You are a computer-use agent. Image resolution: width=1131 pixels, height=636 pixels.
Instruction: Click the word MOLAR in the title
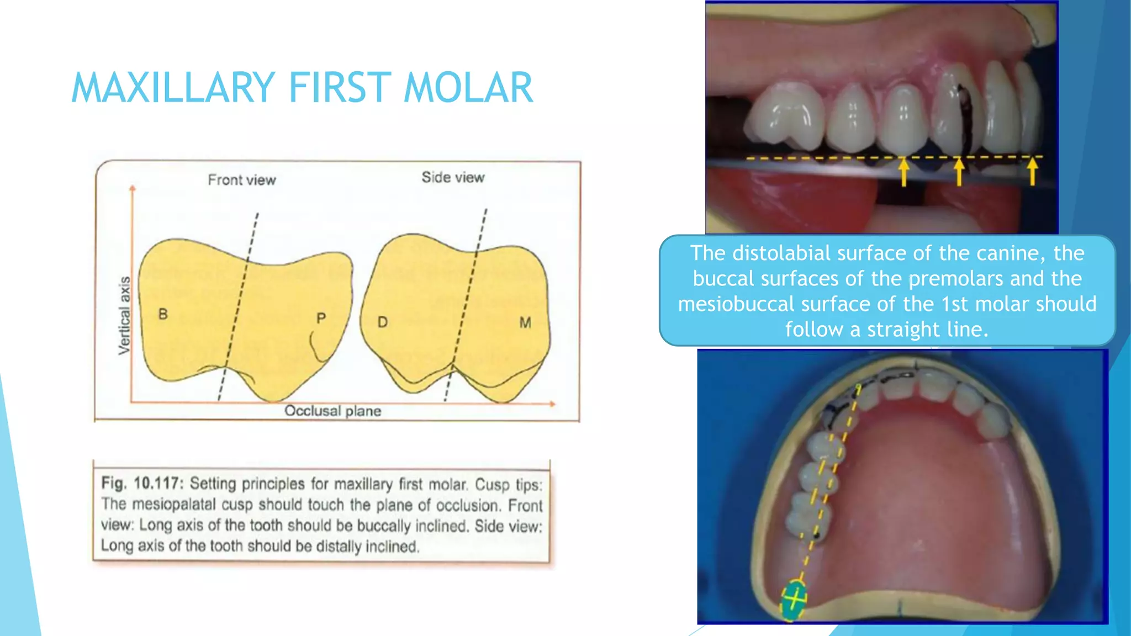[468, 88]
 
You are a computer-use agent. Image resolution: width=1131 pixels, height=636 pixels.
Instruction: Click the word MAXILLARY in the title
[173, 88]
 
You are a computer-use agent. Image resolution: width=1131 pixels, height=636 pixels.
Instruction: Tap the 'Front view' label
[241, 180]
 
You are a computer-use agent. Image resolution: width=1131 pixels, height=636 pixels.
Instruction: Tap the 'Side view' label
[453, 177]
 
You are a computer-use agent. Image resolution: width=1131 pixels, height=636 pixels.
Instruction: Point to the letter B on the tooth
[163, 314]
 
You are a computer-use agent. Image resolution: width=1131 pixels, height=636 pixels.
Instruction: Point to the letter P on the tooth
[321, 318]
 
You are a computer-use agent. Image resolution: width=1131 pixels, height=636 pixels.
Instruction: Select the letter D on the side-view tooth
[382, 322]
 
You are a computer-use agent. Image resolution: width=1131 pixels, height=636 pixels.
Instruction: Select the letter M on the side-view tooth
[525, 322]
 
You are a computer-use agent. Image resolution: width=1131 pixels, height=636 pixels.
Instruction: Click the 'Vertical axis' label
[125, 315]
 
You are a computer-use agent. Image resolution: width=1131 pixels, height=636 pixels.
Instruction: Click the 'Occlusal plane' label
[332, 411]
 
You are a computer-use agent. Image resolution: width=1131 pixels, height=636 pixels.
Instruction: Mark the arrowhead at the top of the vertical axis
[133, 189]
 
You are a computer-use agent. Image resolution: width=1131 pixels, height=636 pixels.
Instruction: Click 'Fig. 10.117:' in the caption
[141, 484]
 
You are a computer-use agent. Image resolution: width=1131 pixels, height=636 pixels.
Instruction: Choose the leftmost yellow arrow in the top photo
[903, 172]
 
